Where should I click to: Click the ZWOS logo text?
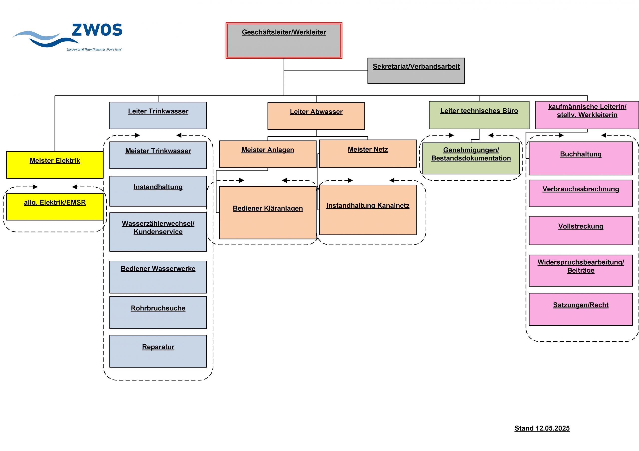point(97,30)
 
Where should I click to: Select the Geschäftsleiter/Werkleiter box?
point(284,41)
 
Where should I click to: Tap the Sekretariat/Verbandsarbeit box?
point(416,71)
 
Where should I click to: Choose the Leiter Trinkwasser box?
point(158,115)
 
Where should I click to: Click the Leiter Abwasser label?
point(316,112)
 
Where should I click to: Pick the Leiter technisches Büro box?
point(479,115)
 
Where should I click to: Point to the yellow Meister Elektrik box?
point(55,165)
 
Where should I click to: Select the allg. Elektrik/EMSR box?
point(55,207)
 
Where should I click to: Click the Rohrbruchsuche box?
point(158,312)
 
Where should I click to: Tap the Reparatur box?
point(158,351)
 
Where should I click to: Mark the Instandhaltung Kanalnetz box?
point(367,210)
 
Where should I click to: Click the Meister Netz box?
point(367,154)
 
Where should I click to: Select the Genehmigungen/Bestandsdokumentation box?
point(471,158)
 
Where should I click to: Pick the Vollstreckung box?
point(581,230)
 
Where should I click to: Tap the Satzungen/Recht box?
point(581,309)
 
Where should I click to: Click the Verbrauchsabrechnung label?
point(581,189)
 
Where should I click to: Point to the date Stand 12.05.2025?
point(542,428)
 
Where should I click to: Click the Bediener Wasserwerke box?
point(158,277)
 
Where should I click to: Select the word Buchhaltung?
point(581,154)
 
